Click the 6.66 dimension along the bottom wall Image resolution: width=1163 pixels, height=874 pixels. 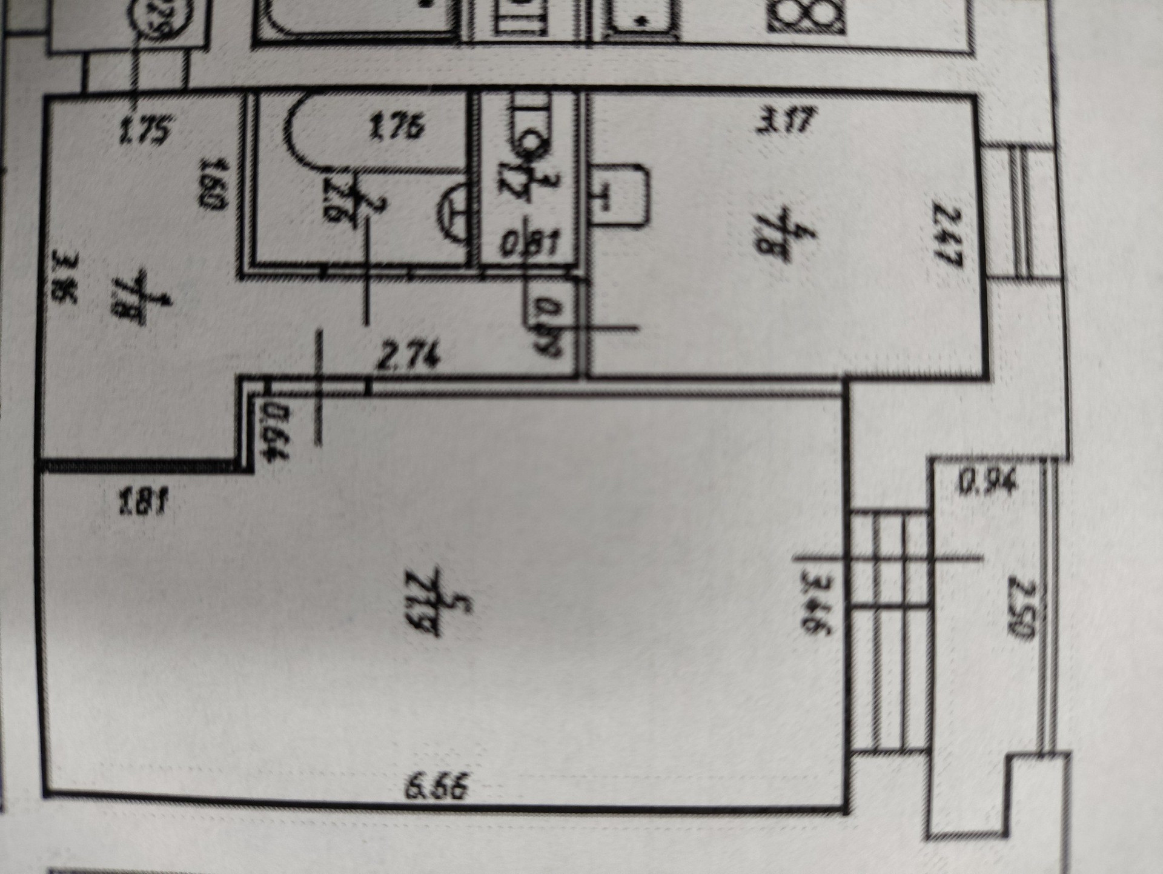(437, 789)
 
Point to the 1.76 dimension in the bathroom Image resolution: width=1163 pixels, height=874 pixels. (397, 128)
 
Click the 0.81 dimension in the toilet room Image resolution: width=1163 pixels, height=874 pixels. (531, 245)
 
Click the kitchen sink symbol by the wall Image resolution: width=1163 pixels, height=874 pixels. (619, 195)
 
